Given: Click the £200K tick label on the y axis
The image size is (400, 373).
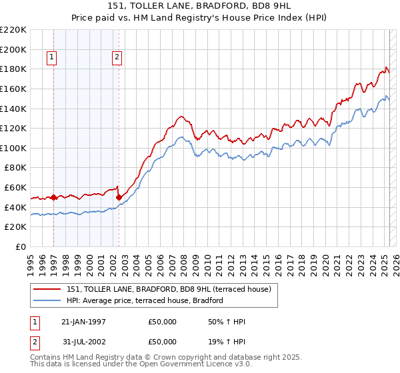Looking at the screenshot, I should (x=13, y=49).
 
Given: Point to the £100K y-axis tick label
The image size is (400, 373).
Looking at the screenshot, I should (x=13, y=148).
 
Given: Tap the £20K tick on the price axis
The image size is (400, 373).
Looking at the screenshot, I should (x=16, y=227).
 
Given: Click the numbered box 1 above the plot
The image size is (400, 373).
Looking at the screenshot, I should (x=52, y=58).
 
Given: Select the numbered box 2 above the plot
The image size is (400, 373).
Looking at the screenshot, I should (x=117, y=58).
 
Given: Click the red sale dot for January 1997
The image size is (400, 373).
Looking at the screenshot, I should (x=53, y=197).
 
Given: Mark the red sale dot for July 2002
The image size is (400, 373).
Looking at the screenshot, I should (x=119, y=197).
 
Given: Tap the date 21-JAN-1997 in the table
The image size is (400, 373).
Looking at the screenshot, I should (x=83, y=322).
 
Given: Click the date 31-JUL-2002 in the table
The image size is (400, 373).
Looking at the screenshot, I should (x=83, y=342).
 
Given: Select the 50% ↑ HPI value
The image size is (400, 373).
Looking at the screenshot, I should (x=227, y=322).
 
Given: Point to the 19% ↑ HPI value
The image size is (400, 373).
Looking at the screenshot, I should (x=227, y=342).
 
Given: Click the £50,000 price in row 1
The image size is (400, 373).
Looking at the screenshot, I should (x=162, y=322).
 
